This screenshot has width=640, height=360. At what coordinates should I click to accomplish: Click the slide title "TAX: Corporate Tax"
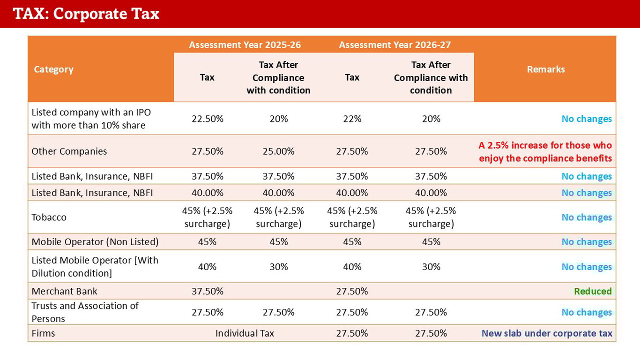point(87,14)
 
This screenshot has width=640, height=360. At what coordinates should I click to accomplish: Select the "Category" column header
point(54,69)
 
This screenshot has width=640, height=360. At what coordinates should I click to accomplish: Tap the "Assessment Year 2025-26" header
point(245,45)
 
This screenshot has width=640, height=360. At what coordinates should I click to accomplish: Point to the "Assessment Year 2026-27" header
point(394,45)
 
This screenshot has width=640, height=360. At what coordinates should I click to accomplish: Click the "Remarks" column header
point(546,69)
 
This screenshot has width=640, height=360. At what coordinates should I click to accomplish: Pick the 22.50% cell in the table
point(208,119)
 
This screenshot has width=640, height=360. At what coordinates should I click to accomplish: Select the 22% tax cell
point(352,119)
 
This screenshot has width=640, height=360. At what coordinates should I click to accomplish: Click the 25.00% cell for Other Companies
point(278,151)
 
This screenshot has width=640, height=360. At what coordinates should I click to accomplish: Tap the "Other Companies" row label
point(69,151)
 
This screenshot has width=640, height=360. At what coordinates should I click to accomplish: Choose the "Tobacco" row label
point(49,217)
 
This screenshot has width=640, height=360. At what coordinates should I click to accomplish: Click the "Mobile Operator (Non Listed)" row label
point(95,242)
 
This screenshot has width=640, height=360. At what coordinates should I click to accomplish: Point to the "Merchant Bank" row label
point(65,291)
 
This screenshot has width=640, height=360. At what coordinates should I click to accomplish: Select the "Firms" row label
point(43,333)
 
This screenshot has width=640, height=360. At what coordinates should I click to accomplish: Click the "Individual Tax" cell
point(245,333)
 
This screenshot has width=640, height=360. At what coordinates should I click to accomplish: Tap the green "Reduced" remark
point(593,291)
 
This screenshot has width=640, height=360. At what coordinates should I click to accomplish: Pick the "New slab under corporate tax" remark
point(547,333)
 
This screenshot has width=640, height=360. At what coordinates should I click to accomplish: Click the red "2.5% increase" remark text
point(545,151)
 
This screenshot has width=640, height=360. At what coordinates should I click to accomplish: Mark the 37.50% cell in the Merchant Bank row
point(208,291)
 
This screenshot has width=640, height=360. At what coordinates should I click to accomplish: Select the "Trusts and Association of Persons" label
point(85,312)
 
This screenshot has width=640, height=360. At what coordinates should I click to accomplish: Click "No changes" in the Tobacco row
point(587,217)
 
